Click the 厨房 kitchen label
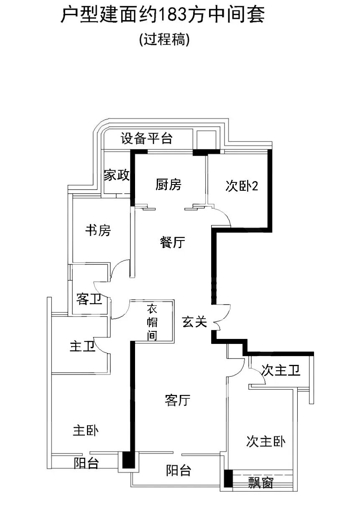[169, 185]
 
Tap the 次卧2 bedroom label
[241, 186]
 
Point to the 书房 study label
[98, 230]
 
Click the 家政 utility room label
[117, 175]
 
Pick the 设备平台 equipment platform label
[146, 138]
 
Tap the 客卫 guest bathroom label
[89, 299]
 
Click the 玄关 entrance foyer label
[194, 322]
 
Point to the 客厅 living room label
[178, 400]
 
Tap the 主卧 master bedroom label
[86, 431]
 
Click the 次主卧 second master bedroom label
[266, 441]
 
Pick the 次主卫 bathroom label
[281, 370]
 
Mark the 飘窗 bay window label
[260, 483]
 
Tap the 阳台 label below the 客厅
[179, 470]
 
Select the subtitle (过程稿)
[164, 39]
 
